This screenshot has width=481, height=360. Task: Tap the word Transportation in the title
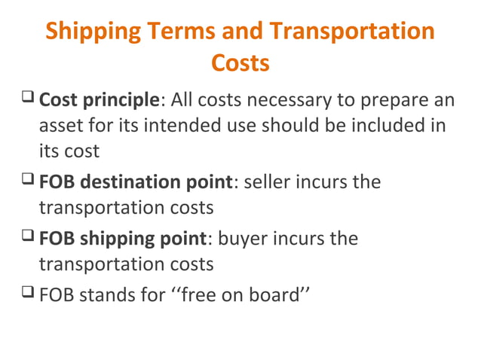(352, 32)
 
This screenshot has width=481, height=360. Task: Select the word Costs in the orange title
(240, 63)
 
